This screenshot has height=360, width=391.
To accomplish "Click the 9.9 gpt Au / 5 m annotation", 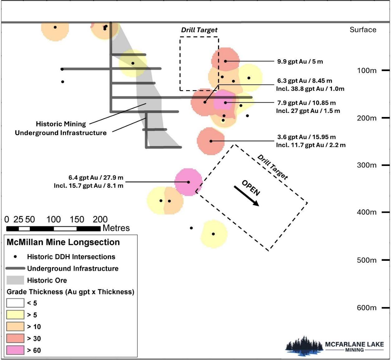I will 300,61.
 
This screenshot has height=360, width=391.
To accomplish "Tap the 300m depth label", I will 366,165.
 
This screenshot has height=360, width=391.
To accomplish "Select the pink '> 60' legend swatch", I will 15,350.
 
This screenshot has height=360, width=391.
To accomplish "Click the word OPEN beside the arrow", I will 251,188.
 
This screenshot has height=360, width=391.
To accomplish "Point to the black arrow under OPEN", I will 246,196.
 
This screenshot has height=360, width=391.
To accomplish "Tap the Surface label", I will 363,30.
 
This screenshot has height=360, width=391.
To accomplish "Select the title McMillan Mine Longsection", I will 63,242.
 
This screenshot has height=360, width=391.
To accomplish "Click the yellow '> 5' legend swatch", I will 15,315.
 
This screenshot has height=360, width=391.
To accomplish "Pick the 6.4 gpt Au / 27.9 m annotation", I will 96,178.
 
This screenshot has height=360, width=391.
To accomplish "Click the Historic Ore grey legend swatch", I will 15,280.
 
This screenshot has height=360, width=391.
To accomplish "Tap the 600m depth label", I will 366,308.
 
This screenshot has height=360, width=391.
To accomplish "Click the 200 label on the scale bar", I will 100,219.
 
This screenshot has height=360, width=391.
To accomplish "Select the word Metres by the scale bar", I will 116,228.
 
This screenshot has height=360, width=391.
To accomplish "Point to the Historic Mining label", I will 61,124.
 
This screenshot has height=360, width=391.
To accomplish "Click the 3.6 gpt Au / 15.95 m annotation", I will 306,137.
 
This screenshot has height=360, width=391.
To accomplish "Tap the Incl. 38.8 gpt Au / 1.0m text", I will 310,89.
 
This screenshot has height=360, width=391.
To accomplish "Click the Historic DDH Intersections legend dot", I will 15,257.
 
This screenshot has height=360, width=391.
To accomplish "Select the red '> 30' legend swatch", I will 15,338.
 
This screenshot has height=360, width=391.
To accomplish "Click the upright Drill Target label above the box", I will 199,30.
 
